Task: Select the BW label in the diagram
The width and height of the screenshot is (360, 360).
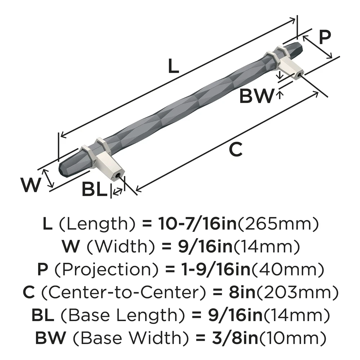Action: click(x=256, y=96)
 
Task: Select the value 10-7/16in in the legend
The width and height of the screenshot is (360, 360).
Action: click(x=196, y=224)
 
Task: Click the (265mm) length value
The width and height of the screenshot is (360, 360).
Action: click(x=277, y=224)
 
